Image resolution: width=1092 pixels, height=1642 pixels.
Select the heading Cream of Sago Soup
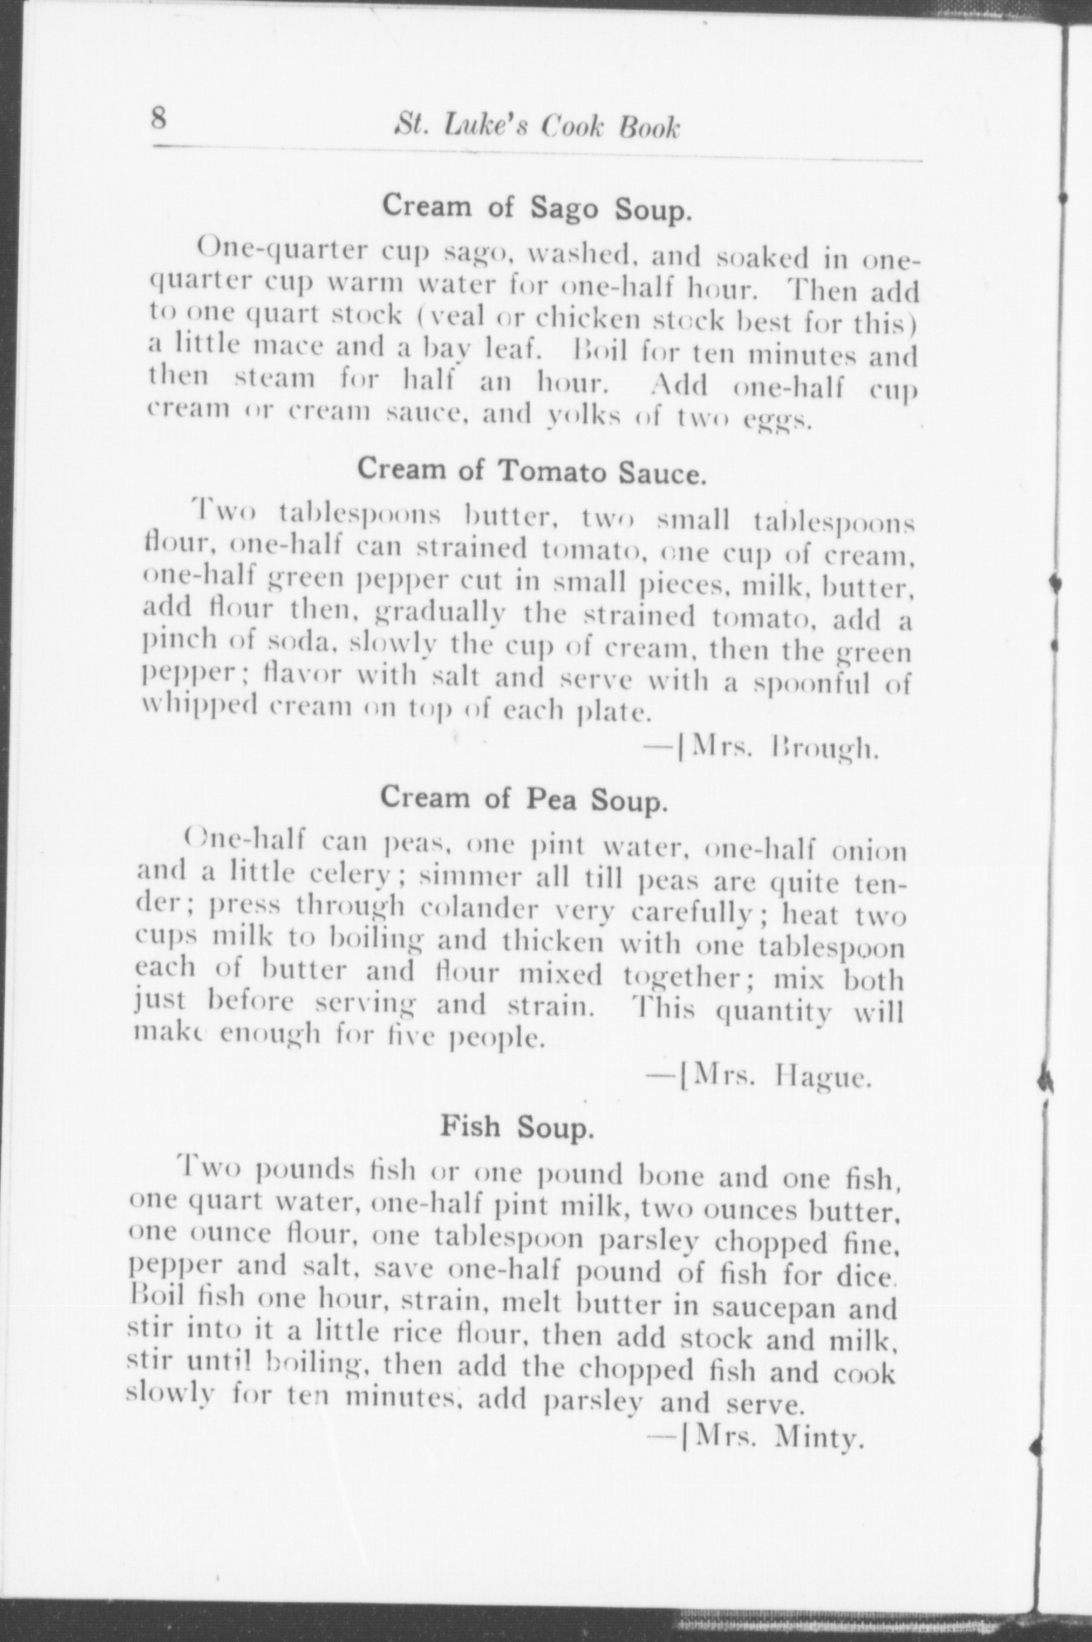tap(535, 208)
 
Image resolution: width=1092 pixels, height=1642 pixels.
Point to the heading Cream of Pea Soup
tap(523, 798)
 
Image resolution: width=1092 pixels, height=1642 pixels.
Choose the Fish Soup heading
tap(517, 1126)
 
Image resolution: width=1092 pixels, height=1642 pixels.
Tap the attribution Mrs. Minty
tap(761, 1438)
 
